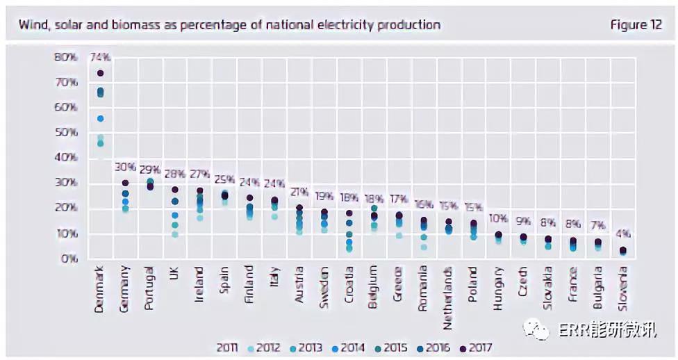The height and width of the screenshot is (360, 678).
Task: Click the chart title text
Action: tap(229, 25)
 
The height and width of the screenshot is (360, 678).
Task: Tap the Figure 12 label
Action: tap(636, 25)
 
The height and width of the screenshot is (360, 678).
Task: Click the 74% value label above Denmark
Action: tap(101, 58)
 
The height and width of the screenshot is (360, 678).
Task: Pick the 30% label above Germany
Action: tap(126, 167)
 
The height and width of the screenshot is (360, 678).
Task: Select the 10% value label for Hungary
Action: tap(499, 220)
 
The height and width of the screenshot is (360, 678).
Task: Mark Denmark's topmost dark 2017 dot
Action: tap(101, 73)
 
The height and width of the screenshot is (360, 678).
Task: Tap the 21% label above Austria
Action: tap(300, 192)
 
